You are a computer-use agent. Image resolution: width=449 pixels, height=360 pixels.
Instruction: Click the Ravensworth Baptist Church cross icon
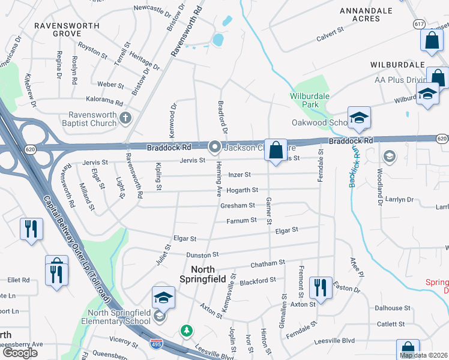(x=125, y=117)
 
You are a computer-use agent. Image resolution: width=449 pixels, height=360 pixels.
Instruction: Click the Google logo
(x=20, y=353)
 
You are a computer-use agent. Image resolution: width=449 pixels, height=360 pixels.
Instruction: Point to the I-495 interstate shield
(x=155, y=344)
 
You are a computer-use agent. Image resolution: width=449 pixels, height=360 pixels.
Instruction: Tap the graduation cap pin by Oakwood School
(x=359, y=118)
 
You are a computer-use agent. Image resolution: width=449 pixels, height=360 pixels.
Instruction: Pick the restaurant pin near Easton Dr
(x=319, y=287)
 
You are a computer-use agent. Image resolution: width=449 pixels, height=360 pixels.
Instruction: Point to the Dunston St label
(x=202, y=254)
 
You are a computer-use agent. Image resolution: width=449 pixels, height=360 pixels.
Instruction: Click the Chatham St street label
(x=268, y=263)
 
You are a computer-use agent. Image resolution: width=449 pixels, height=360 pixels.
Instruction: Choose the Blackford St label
(x=258, y=280)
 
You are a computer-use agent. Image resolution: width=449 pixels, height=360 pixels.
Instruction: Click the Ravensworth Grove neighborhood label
(x=58, y=30)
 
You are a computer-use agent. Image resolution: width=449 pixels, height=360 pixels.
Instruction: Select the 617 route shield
(x=419, y=23)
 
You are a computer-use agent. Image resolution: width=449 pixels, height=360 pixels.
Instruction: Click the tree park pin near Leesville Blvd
(x=187, y=330)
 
